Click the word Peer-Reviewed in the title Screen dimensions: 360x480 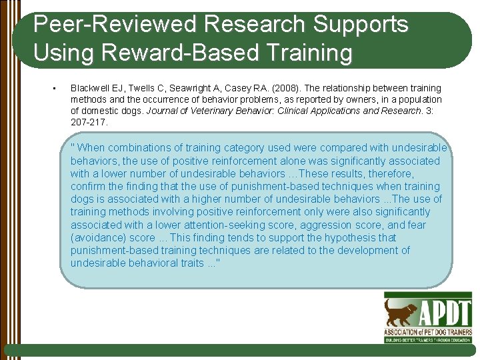pos(115,25)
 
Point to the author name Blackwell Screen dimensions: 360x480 pos(91,88)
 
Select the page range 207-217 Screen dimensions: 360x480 pos(89,123)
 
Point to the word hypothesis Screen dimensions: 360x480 pos(335,238)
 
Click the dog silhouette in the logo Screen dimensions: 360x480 pos(401,311)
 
